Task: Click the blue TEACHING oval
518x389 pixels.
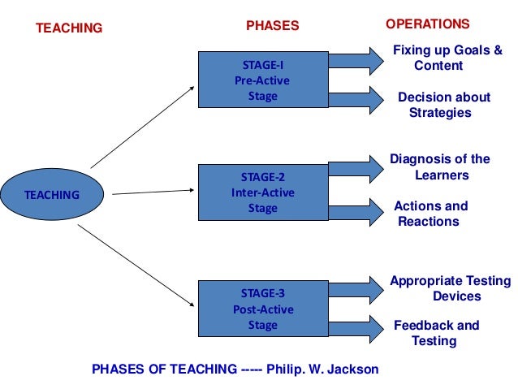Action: pyautogui.click(x=52, y=195)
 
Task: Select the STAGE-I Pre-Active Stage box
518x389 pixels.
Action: pyautogui.click(x=261, y=80)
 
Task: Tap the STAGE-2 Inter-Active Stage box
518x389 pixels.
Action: pyautogui.click(x=261, y=192)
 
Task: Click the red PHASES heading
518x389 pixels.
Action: pyautogui.click(x=273, y=26)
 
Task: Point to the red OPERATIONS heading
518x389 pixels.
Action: pyautogui.click(x=428, y=24)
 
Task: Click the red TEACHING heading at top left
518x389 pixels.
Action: pyautogui.click(x=69, y=28)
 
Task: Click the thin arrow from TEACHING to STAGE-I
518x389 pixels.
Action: pyautogui.click(x=142, y=125)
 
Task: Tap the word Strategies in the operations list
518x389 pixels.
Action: pyautogui.click(x=440, y=113)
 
